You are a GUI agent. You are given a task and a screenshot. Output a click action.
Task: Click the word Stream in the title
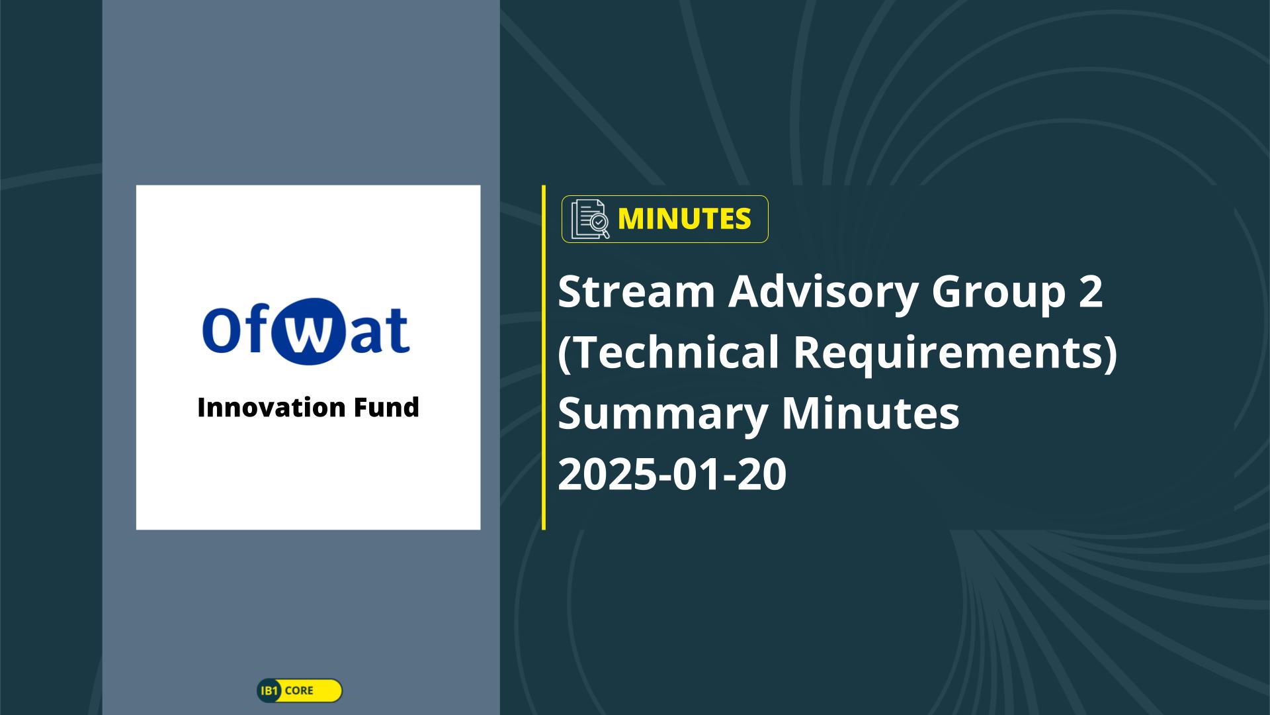(x=636, y=291)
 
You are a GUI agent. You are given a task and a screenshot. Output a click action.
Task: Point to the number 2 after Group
(x=1091, y=291)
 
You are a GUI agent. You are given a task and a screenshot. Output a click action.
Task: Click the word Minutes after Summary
(x=870, y=412)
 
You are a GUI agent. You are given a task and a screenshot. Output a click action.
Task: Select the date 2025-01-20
(x=672, y=475)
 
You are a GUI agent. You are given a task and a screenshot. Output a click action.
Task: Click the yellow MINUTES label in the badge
(x=684, y=219)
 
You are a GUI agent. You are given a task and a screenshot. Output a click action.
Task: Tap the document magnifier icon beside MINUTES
(x=590, y=219)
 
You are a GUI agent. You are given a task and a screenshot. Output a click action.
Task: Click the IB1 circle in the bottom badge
(x=269, y=691)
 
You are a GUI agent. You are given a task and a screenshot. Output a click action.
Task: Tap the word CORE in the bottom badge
(x=299, y=691)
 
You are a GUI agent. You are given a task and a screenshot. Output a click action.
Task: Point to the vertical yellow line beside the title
(x=544, y=358)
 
